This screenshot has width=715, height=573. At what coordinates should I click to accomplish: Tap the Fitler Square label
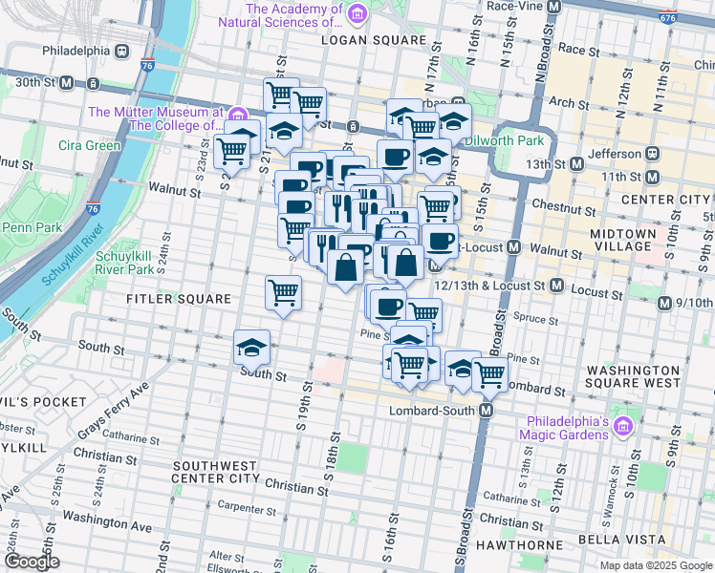tap(180, 299)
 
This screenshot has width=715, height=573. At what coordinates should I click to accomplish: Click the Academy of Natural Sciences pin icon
tap(357, 14)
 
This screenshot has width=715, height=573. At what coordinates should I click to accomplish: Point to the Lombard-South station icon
tap(487, 411)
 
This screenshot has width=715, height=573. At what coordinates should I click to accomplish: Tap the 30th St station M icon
tap(67, 82)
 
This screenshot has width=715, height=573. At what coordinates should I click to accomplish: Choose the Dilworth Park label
tap(504, 140)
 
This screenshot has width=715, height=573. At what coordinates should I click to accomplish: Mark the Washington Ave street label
tap(107, 523)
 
